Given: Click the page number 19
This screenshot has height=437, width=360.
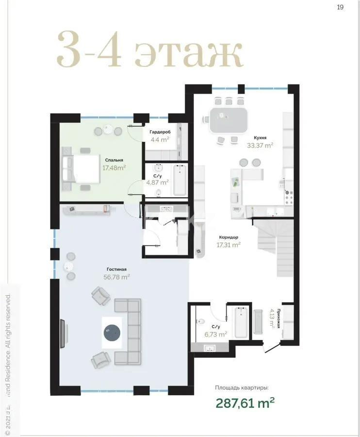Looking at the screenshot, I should [340, 7].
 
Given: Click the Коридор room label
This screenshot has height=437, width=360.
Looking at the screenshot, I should [228, 237].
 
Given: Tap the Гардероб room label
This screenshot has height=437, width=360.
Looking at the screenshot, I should [159, 132].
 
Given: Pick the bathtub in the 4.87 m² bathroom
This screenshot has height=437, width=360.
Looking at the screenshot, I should [180, 180].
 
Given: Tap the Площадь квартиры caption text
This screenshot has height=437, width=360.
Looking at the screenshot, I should [241, 387].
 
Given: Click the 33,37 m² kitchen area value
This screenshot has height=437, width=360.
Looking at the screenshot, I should [260, 145].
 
